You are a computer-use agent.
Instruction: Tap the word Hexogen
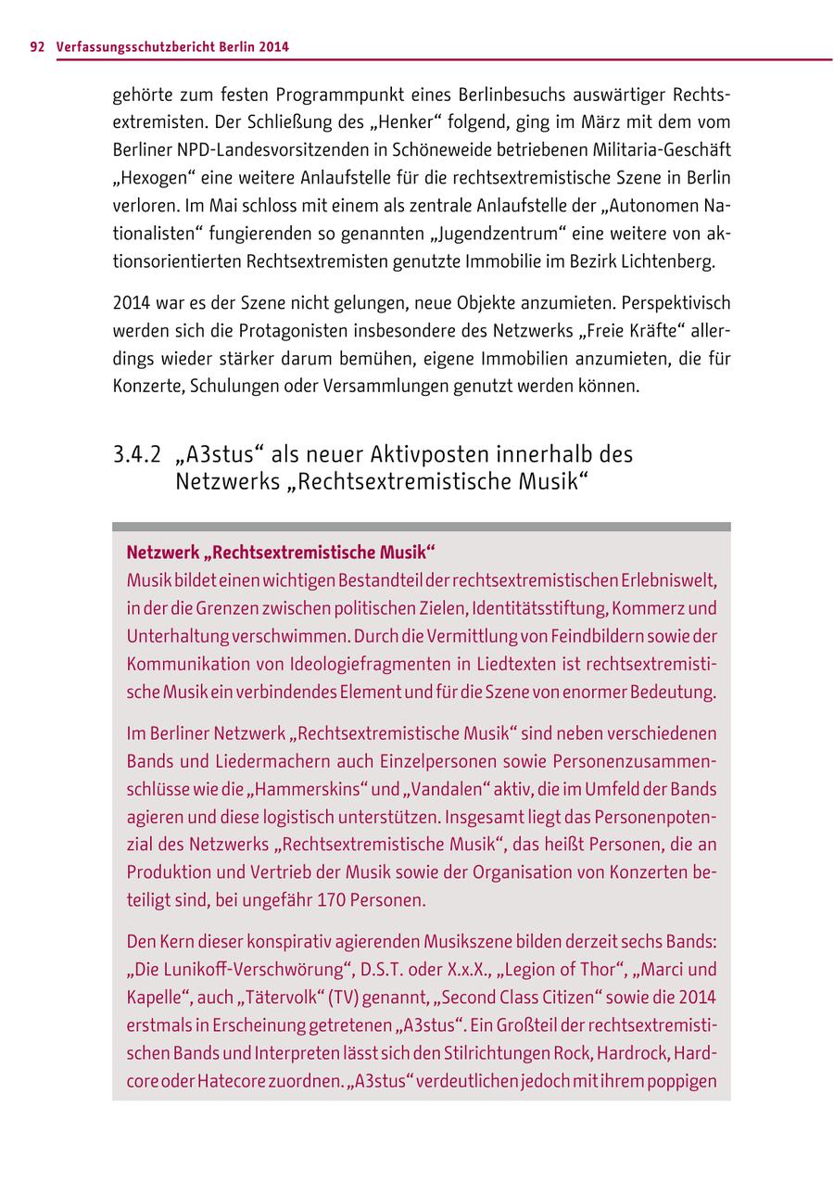click(152, 177)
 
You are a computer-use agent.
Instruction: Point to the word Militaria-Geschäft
click(657, 149)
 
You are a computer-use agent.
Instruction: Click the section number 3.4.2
click(137, 455)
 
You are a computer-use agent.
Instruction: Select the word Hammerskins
click(306, 789)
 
